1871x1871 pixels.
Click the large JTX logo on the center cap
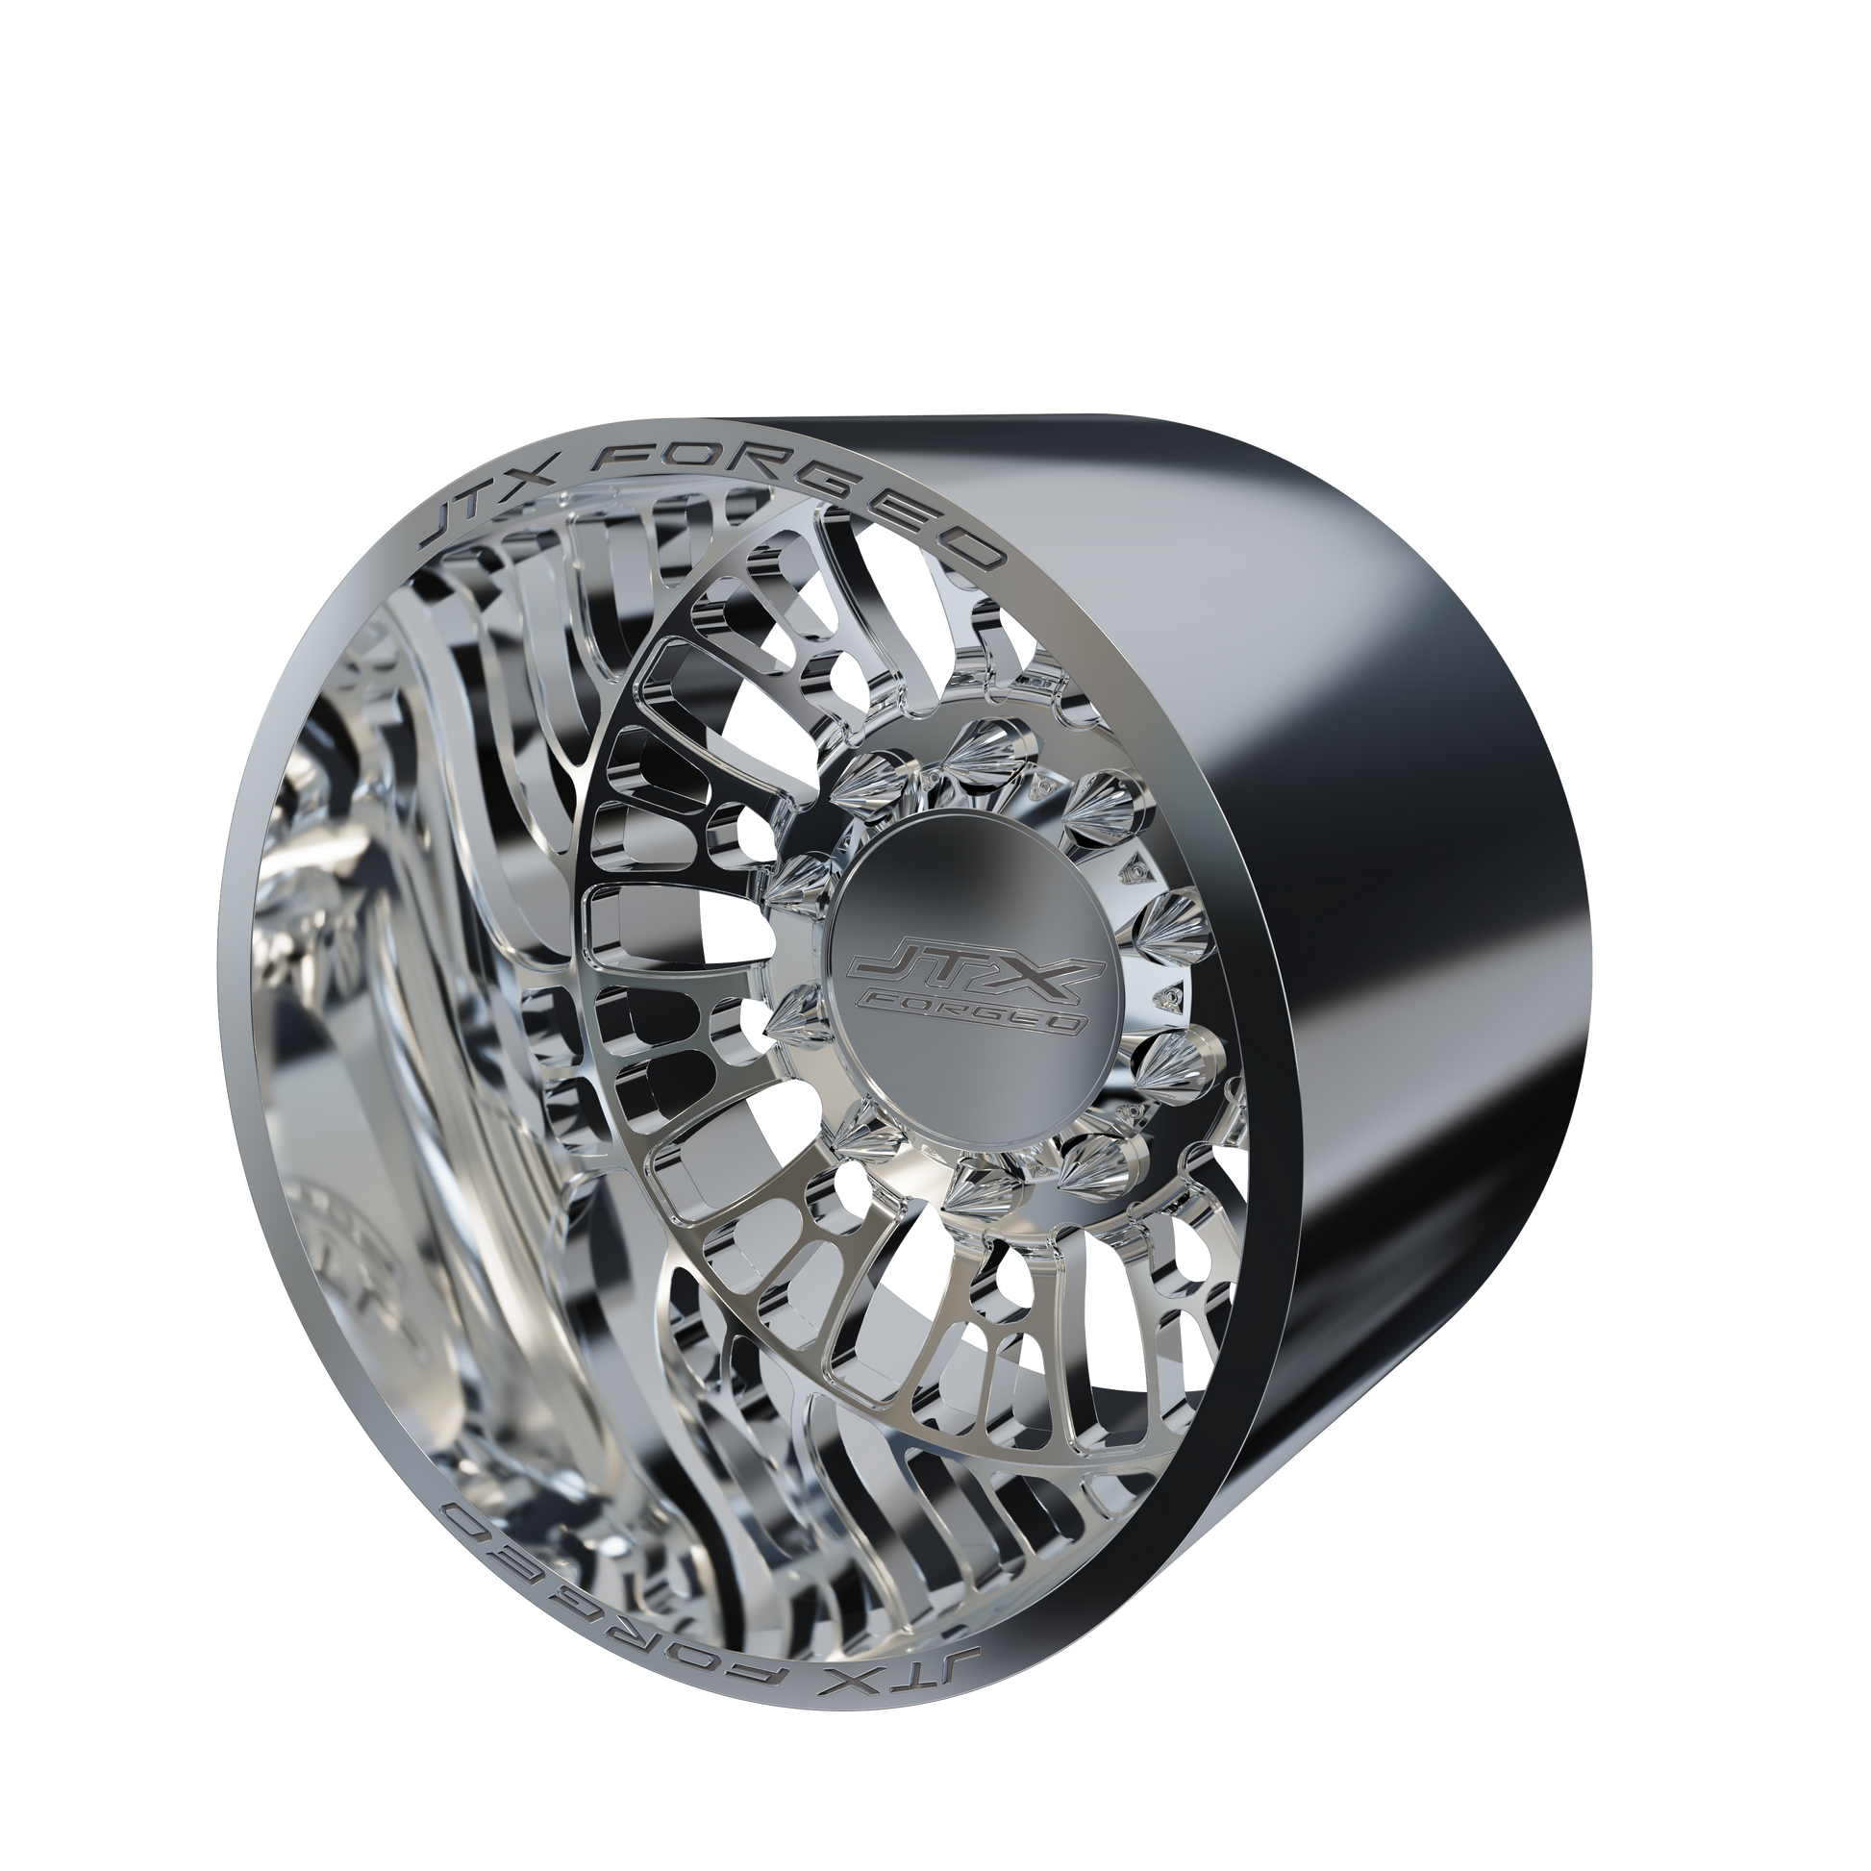tap(977, 973)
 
